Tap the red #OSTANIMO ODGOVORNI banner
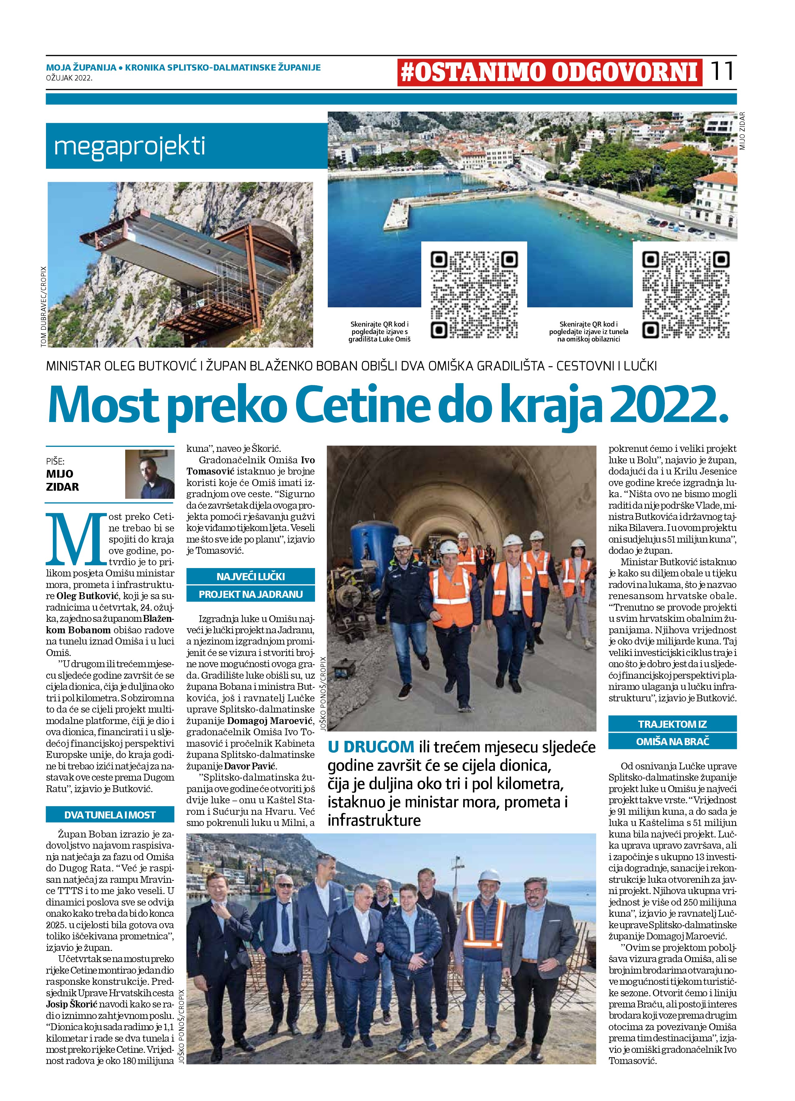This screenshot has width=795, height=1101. click(x=549, y=73)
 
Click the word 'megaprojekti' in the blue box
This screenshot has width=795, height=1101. click(x=130, y=146)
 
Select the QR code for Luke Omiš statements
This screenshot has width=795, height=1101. click(x=474, y=294)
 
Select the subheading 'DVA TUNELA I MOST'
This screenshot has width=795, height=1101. click(x=110, y=814)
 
